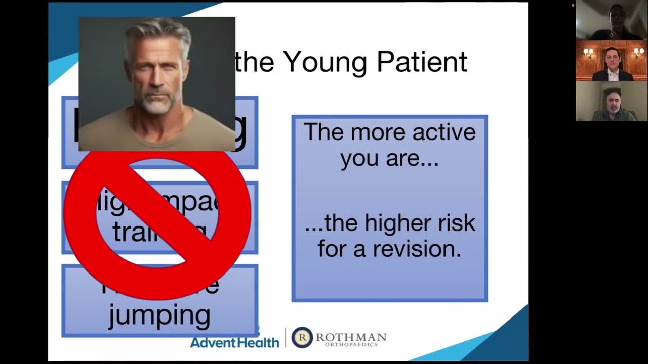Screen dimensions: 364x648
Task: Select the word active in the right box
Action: coord(444,132)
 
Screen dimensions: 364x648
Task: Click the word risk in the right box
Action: coord(453,223)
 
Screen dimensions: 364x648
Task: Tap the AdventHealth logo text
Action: coord(234,342)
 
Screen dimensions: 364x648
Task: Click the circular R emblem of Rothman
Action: coord(302,337)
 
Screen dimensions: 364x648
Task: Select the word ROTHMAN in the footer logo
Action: coord(351,337)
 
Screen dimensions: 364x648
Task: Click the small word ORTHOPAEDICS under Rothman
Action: coord(351,345)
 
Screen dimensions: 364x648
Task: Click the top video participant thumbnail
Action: coord(612,20)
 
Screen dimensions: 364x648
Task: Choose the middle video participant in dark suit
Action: coord(612,61)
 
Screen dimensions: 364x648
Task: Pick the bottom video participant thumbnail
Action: coord(612,102)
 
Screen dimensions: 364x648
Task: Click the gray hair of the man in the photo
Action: coord(157,33)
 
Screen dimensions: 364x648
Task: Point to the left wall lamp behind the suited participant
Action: coord(588,52)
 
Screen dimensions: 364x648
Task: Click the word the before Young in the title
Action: coord(255,62)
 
